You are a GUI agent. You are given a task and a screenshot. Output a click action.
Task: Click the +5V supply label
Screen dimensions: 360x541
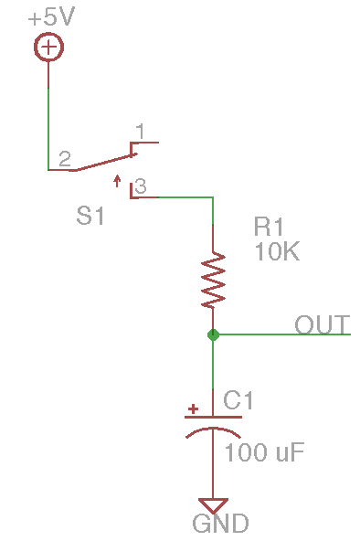pos(51,17)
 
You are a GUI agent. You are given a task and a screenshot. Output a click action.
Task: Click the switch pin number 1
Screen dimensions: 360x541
pos(140,132)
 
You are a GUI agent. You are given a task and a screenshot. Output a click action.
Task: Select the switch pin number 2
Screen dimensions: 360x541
pos(65,159)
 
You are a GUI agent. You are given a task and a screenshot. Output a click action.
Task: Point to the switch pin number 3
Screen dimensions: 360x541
pos(141,186)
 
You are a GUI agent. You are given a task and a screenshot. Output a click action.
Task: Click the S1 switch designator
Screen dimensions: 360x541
pos(90,216)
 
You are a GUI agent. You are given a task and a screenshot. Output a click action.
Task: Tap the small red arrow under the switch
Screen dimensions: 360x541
pos(117,181)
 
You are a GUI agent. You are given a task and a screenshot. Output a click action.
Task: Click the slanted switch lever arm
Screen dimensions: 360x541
pos(105,162)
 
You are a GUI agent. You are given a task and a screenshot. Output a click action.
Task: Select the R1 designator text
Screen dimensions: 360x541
pos(269,227)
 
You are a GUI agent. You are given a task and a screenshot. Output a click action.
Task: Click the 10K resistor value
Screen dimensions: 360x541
pos(277,251)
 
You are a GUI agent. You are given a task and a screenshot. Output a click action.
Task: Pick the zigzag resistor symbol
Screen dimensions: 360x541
pos(213,280)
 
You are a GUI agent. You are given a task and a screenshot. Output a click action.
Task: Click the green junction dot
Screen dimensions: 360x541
pos(213,334)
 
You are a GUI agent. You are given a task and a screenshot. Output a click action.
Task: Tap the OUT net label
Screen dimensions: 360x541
pos(322,324)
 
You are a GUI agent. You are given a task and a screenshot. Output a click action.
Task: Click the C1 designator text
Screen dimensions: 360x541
pos(238,400)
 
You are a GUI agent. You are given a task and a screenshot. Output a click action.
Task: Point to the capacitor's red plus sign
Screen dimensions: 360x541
pos(193,408)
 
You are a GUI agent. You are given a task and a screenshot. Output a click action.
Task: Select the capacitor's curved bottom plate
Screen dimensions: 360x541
pos(213,429)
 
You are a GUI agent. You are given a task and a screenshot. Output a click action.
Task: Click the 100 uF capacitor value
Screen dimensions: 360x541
pos(264,452)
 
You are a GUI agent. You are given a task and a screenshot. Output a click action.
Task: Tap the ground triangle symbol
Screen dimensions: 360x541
pos(213,505)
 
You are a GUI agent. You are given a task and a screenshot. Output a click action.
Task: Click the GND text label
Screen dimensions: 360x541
pos(220,524)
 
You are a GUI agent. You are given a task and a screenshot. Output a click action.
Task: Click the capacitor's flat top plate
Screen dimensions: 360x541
pos(213,417)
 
